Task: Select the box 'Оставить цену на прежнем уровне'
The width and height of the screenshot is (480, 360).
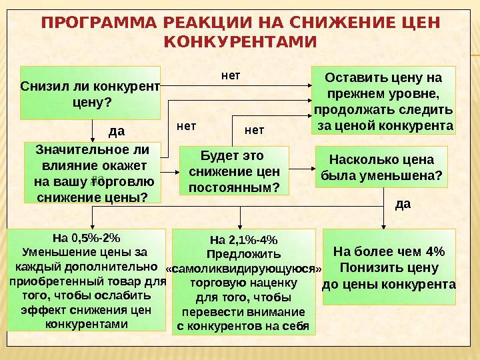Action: point(383,100)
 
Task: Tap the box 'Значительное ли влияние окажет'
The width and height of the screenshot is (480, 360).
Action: point(93,172)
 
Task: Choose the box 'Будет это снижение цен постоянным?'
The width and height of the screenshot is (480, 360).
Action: point(234,172)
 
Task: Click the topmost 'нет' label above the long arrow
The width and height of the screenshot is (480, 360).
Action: point(231,75)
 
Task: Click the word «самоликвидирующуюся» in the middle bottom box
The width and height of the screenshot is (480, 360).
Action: point(243,269)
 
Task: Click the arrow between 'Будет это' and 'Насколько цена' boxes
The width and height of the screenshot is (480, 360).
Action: point(302,171)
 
